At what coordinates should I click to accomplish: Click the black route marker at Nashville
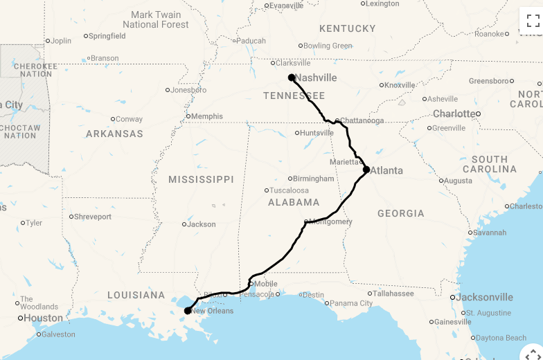click(292, 78)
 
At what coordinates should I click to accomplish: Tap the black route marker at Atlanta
click(366, 170)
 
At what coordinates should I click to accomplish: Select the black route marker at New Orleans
click(188, 311)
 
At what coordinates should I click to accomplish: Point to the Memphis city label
click(207, 116)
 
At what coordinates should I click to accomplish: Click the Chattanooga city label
click(361, 120)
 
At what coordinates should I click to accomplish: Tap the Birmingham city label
click(313, 179)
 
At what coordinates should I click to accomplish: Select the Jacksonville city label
click(485, 297)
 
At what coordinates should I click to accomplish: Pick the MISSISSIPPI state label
click(201, 179)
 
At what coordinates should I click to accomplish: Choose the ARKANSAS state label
click(114, 134)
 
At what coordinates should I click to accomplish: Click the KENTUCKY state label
click(347, 28)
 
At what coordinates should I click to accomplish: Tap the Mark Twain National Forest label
click(156, 19)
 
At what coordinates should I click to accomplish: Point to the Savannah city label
click(492, 232)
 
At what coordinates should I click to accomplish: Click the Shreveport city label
click(94, 217)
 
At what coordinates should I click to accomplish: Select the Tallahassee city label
click(393, 294)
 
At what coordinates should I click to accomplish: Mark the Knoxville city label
click(400, 85)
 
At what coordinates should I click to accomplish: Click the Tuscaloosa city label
click(290, 190)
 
